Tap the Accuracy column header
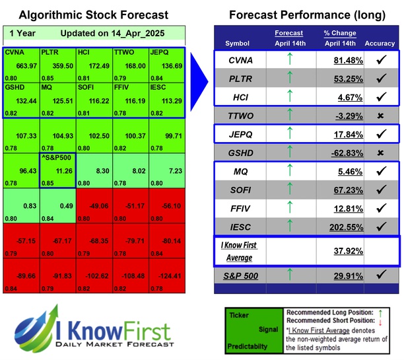point(379,44)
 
